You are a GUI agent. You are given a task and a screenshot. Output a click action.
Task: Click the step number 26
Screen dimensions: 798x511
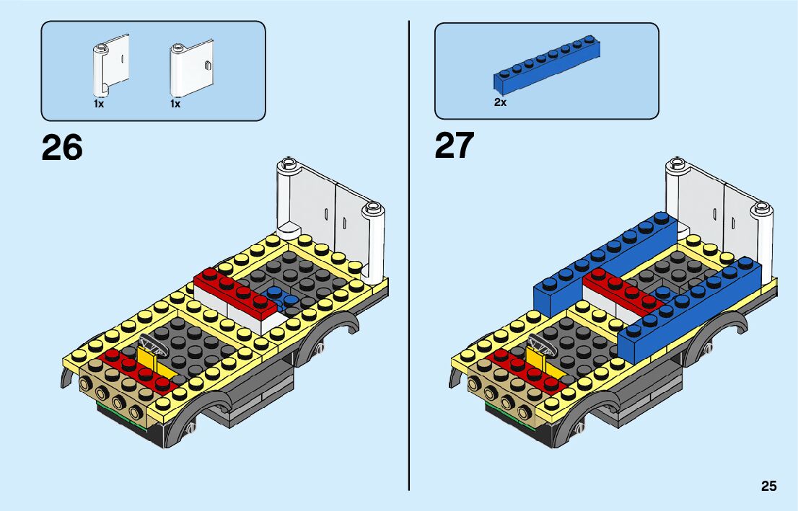coord(62,147)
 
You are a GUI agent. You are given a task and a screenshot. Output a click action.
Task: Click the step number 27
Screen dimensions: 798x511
coord(454,146)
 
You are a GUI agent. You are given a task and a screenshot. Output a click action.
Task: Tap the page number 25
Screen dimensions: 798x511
coord(768,486)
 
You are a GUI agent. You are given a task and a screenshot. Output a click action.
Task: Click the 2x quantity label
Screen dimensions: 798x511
coord(500,102)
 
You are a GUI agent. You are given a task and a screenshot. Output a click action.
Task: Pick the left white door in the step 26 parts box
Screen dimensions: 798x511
coord(110,66)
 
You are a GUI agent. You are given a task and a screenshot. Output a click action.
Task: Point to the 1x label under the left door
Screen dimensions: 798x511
coord(99,104)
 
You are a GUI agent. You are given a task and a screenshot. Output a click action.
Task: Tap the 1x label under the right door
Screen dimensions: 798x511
coord(175,104)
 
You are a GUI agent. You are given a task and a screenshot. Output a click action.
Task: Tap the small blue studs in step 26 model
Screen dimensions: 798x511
coord(281,296)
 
